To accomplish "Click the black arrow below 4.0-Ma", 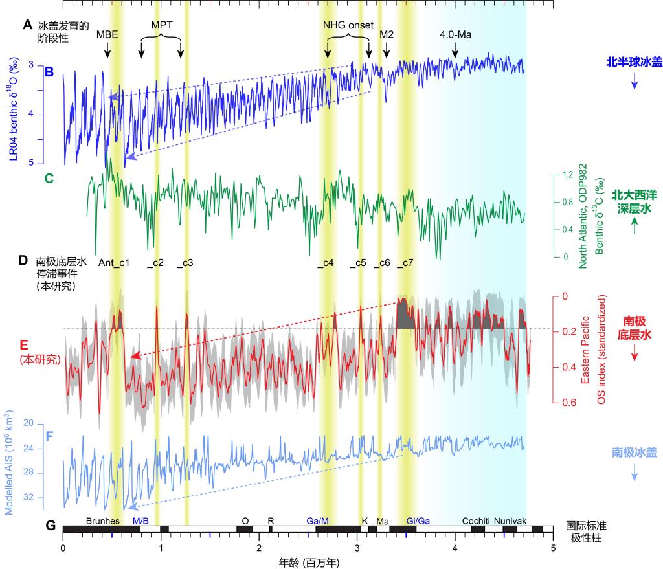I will [455, 50].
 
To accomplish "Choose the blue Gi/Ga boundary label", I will [418, 520].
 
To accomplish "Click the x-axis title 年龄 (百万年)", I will [308, 563].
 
